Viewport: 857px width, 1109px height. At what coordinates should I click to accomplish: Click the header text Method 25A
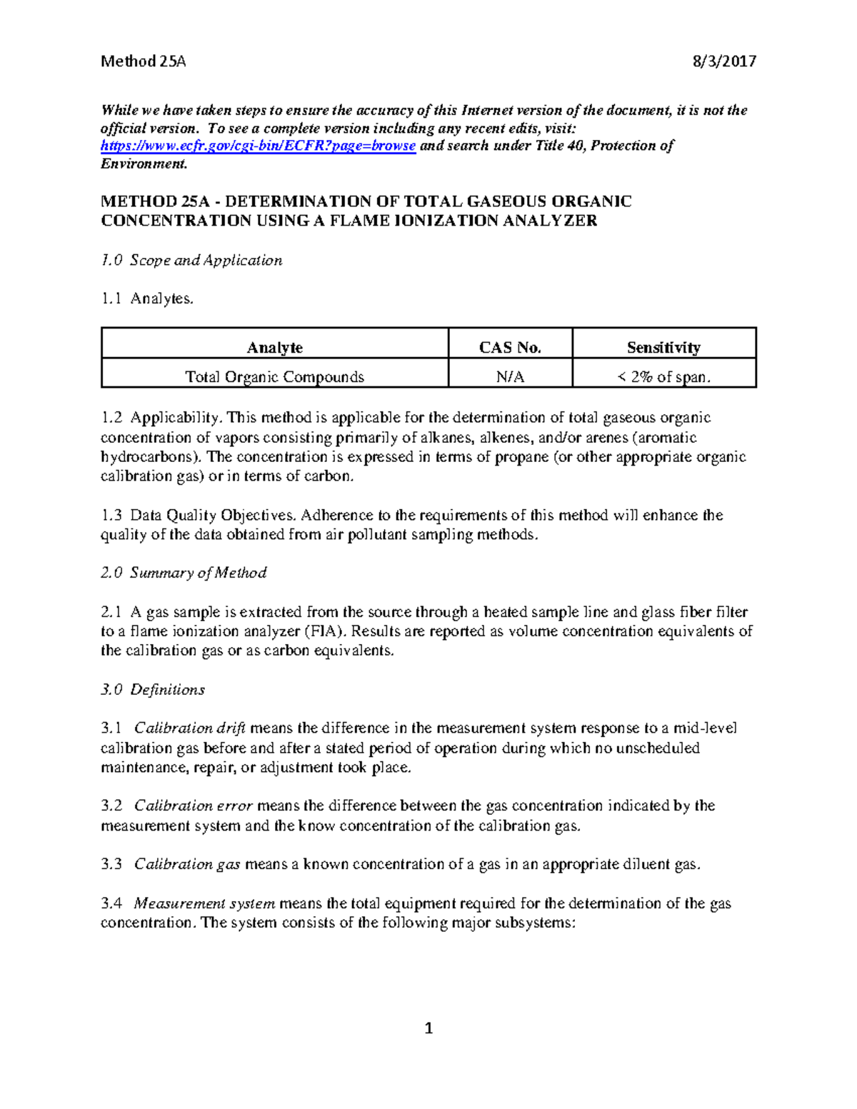pyautogui.click(x=143, y=61)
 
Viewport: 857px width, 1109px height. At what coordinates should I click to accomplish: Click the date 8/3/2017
pyautogui.click(x=724, y=61)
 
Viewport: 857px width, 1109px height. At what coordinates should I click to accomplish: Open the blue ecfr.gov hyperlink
pyautogui.click(x=258, y=146)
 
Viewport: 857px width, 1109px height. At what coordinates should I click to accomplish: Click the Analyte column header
pyautogui.click(x=274, y=348)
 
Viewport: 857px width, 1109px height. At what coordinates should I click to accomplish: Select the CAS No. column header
pyautogui.click(x=510, y=348)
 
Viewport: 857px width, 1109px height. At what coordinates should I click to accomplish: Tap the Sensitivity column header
pyautogui.click(x=663, y=348)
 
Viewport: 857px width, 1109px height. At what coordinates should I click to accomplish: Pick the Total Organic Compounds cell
pyautogui.click(x=274, y=377)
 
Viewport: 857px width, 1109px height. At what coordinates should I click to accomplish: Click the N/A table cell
pyautogui.click(x=510, y=377)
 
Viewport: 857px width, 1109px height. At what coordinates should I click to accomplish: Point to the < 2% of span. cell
pyautogui.click(x=663, y=377)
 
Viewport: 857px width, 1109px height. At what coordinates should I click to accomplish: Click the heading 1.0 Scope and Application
pyautogui.click(x=191, y=261)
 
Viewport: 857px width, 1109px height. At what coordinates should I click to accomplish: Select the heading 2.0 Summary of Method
pyautogui.click(x=184, y=573)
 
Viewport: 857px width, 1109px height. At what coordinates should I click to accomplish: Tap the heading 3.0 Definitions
pyautogui.click(x=153, y=690)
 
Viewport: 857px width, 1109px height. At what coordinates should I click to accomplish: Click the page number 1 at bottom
pyautogui.click(x=428, y=1028)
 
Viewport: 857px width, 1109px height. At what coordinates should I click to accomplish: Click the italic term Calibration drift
pyautogui.click(x=190, y=728)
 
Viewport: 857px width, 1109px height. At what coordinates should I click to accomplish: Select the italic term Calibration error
pyautogui.click(x=193, y=806)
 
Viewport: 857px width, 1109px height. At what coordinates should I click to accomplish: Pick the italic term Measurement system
pyautogui.click(x=205, y=903)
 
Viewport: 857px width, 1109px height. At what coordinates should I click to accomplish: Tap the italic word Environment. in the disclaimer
pyautogui.click(x=144, y=164)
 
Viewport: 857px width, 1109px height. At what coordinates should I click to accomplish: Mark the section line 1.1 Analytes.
pyautogui.click(x=147, y=299)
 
